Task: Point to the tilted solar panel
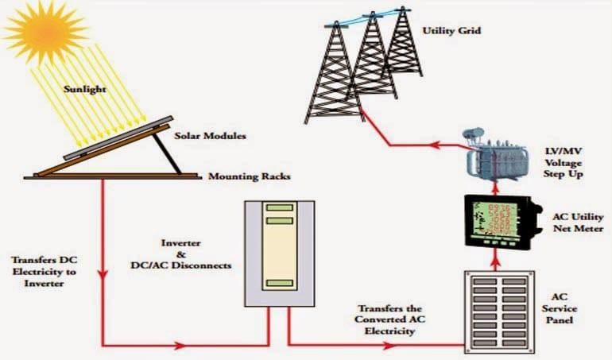118,137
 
